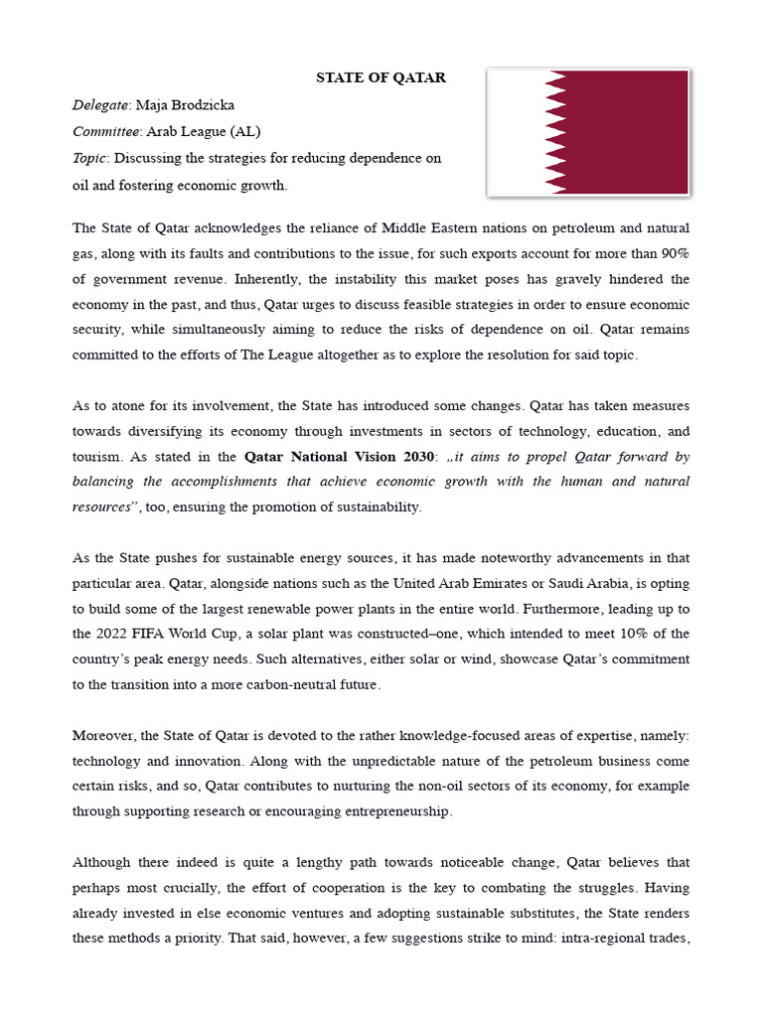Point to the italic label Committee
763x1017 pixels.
pyautogui.click(x=107, y=131)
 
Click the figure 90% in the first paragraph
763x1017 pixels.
pyautogui.click(x=671, y=253)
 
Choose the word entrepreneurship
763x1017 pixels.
pyautogui.click(x=393, y=810)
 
